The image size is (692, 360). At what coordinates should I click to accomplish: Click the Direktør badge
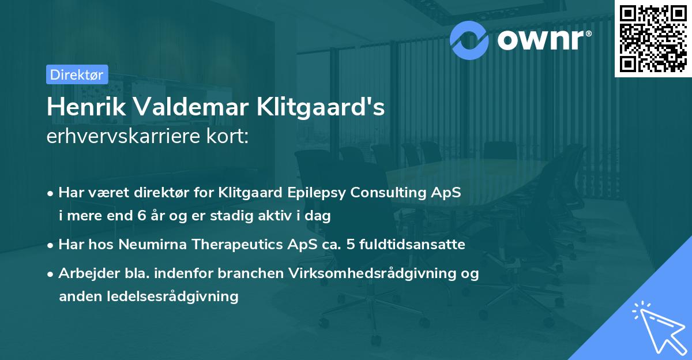point(76,74)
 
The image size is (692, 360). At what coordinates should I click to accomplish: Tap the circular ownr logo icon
point(469,40)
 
